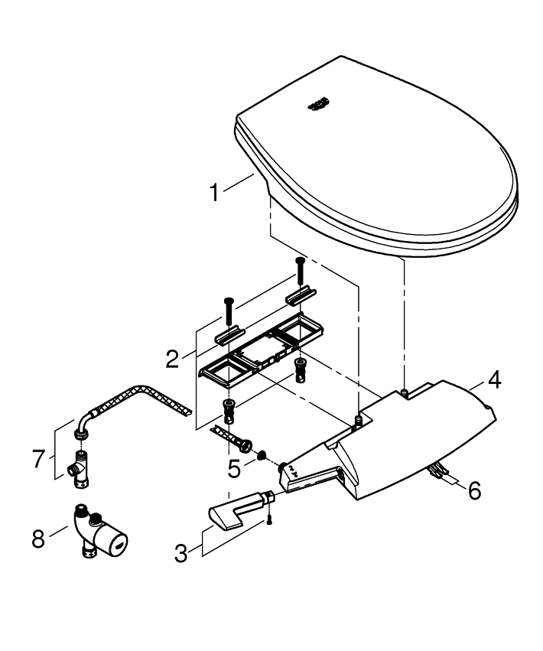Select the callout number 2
[x=173, y=358]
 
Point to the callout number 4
[x=495, y=379]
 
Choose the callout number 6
[x=474, y=490]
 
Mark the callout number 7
[x=39, y=458]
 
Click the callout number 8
[x=38, y=539]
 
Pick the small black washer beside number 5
[x=262, y=456]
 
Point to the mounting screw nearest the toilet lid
[x=300, y=269]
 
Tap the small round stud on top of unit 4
[x=404, y=391]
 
